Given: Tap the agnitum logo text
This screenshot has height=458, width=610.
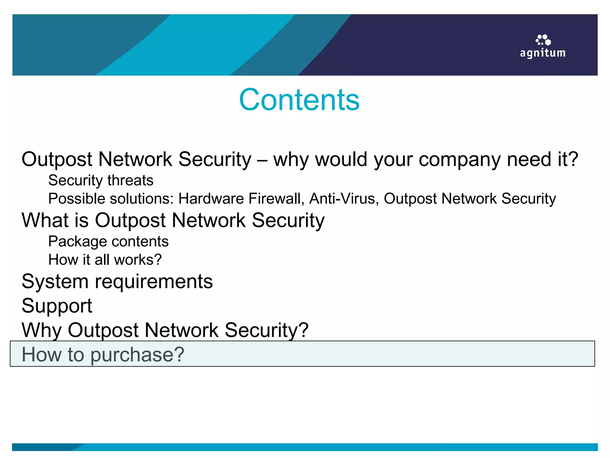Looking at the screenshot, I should (543, 53).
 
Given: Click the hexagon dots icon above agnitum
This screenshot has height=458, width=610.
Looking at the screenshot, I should (543, 40).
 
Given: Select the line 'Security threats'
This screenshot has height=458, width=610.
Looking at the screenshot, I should (101, 180).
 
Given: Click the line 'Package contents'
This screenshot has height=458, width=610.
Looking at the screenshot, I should (108, 241).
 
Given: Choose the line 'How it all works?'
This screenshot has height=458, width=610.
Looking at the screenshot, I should (105, 259).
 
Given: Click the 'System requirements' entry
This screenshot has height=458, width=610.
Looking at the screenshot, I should (117, 281).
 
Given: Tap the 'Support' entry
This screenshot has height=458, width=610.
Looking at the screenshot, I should (57, 306).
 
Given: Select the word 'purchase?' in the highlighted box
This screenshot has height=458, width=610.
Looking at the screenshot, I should (137, 355).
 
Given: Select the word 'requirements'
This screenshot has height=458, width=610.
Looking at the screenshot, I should (154, 281).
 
